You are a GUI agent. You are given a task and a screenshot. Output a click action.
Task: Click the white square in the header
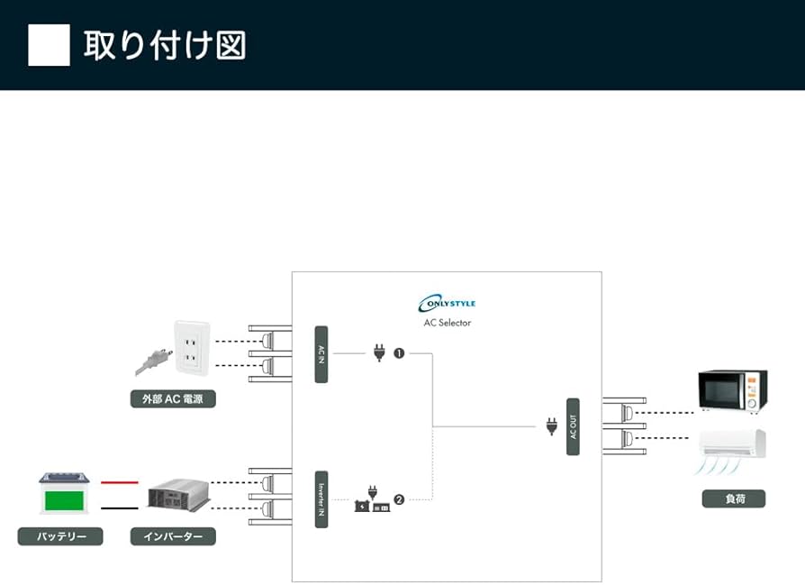point(49,45)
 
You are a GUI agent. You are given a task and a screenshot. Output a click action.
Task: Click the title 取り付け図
point(165,45)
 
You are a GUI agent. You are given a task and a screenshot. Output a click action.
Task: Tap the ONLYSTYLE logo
point(447,304)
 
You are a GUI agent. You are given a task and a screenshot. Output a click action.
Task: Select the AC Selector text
point(447,322)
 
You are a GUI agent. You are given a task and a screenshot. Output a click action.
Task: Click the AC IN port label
point(321,354)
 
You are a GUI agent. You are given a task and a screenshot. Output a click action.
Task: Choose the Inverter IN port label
point(321,498)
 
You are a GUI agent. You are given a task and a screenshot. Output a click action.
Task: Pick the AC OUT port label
point(573,426)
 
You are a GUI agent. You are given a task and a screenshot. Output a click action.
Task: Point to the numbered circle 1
point(399,353)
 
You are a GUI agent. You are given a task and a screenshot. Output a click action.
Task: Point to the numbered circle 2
point(399,498)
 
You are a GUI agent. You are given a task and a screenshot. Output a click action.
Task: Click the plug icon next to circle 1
point(379,352)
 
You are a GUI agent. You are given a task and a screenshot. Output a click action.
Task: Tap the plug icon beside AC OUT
point(551,426)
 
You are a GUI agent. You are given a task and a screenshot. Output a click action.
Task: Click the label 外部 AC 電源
point(173,398)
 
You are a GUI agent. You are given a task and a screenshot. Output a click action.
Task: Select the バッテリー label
point(60,536)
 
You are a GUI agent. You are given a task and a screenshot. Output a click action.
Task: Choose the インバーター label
point(173,536)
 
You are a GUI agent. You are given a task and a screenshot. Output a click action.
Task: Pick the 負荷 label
point(733,498)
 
